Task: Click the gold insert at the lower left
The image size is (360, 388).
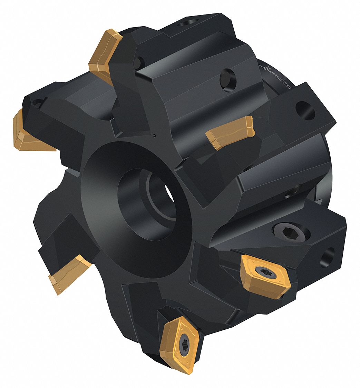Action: [x=69, y=275]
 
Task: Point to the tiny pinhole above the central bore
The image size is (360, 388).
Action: [x=154, y=135]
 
